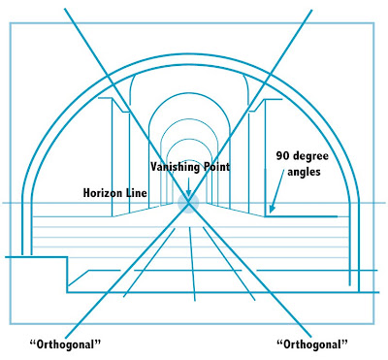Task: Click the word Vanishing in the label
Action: point(172,167)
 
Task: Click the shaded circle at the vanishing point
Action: point(188,202)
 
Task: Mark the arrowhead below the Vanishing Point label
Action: point(188,191)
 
